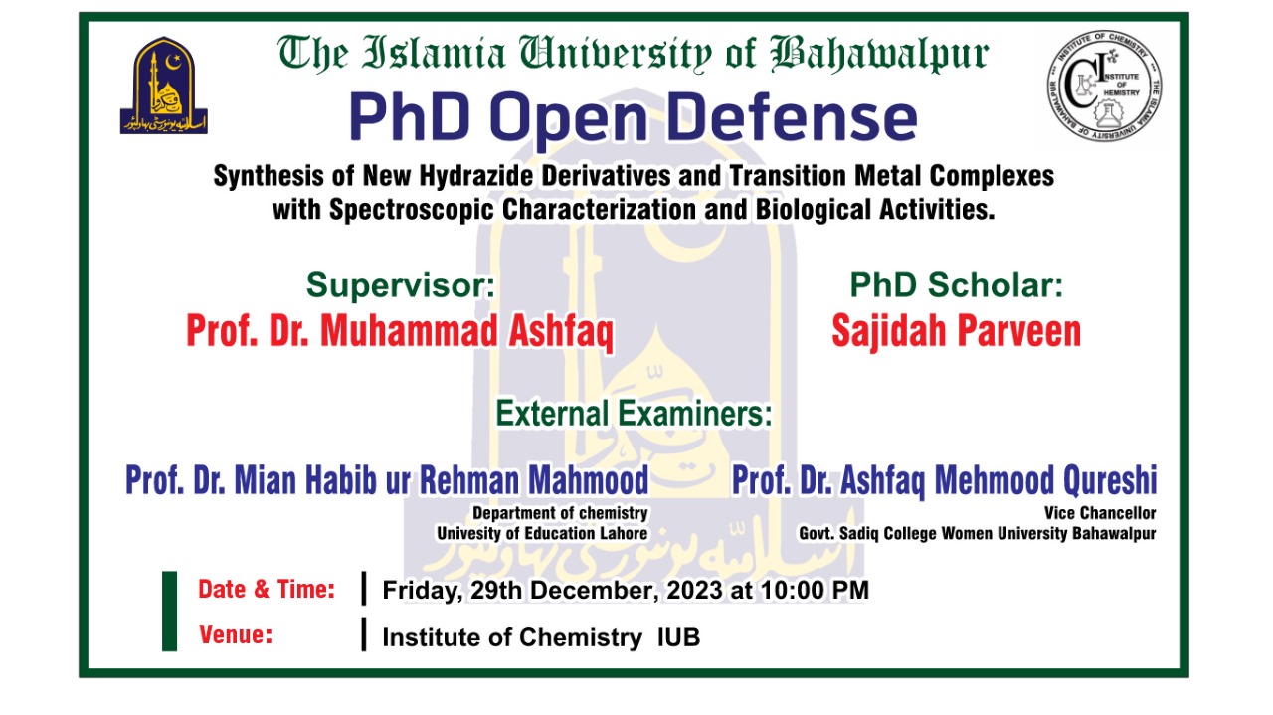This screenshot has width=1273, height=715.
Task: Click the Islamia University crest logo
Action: pyautogui.click(x=164, y=86)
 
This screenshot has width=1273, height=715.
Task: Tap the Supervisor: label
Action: pyautogui.click(x=400, y=286)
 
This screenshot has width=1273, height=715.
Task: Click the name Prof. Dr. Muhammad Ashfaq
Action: pyautogui.click(x=400, y=332)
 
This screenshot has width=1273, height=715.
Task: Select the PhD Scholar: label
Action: pyautogui.click(x=956, y=286)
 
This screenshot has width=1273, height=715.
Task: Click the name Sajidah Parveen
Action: pyautogui.click(x=956, y=332)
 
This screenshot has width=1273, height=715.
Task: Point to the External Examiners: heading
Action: pyautogui.click(x=635, y=413)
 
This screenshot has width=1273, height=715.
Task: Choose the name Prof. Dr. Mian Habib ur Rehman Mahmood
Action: pyautogui.click(x=387, y=480)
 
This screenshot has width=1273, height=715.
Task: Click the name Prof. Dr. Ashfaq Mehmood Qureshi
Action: pyautogui.click(x=944, y=480)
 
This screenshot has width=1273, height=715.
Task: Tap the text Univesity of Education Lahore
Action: pyautogui.click(x=542, y=534)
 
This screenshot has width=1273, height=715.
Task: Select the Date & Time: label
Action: pyautogui.click(x=267, y=589)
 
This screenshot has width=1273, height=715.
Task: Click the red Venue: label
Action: pyautogui.click(x=236, y=634)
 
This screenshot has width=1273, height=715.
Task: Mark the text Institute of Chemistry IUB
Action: pyautogui.click(x=541, y=638)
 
